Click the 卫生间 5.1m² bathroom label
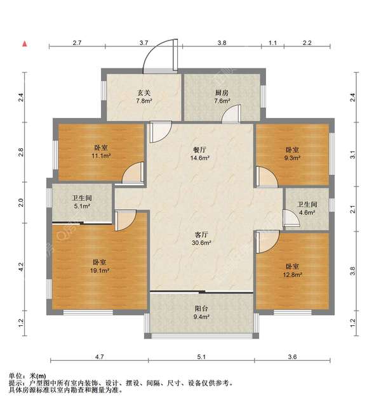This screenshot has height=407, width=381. pyautogui.click(x=81, y=201)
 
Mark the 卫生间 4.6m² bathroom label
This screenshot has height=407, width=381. pyautogui.click(x=307, y=209)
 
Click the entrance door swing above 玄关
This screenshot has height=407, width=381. pyautogui.click(x=158, y=56)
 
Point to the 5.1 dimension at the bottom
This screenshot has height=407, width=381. pyautogui.click(x=201, y=358)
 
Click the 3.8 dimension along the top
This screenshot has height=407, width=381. pyautogui.click(x=222, y=42)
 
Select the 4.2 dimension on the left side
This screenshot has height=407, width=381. pyautogui.click(x=21, y=267)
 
